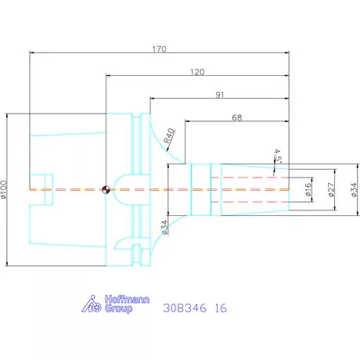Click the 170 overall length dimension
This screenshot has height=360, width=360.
tap(159, 49)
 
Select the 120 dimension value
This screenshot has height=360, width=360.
tap(197, 72)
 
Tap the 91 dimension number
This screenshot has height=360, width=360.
tap(220, 95)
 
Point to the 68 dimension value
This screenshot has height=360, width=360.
tap(237, 117)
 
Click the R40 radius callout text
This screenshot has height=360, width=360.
tap(169, 135)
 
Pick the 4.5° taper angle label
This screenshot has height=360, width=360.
tap(277, 156)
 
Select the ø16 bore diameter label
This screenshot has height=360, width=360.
tap(308, 189)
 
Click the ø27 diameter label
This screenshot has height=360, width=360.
tap(331, 189)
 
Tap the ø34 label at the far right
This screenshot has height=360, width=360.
tap(354, 189)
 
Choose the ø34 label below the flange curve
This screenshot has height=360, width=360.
tap(164, 228)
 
